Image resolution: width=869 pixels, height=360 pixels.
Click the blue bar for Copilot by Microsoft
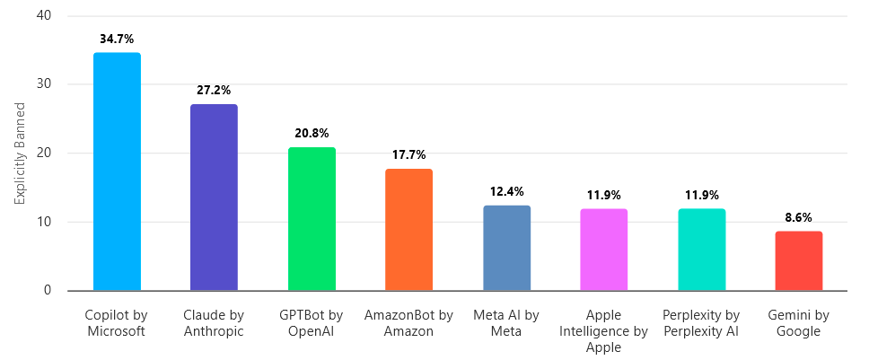pyautogui.click(x=117, y=171)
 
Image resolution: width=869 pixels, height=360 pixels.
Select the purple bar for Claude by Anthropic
pyautogui.click(x=214, y=198)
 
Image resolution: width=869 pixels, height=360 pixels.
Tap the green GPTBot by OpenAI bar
pyautogui.click(x=312, y=219)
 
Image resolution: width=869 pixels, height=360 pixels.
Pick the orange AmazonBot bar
pyautogui.click(x=408, y=230)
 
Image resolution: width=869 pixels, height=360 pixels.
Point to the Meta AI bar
pyautogui.click(x=506, y=248)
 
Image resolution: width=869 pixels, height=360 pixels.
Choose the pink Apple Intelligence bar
pyautogui.click(x=603, y=250)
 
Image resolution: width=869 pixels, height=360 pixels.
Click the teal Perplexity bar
pyautogui.click(x=701, y=250)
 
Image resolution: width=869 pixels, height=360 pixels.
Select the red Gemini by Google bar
pyautogui.click(x=798, y=261)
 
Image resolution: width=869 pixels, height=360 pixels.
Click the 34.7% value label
pyautogui.click(x=117, y=40)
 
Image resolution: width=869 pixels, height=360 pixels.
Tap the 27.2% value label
pyautogui.click(x=214, y=91)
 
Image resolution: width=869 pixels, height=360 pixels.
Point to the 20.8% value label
pyautogui.click(x=312, y=134)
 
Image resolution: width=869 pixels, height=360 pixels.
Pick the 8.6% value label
pyautogui.click(x=798, y=217)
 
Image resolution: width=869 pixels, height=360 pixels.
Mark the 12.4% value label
pyautogui.click(x=506, y=191)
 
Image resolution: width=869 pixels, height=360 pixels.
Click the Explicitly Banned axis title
pyautogui.click(x=20, y=154)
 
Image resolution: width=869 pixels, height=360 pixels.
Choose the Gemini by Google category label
pyautogui.click(x=798, y=323)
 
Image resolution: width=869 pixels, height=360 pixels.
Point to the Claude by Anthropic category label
pyautogui.click(x=214, y=323)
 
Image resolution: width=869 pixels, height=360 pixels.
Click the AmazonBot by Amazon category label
pyautogui.click(x=408, y=323)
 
